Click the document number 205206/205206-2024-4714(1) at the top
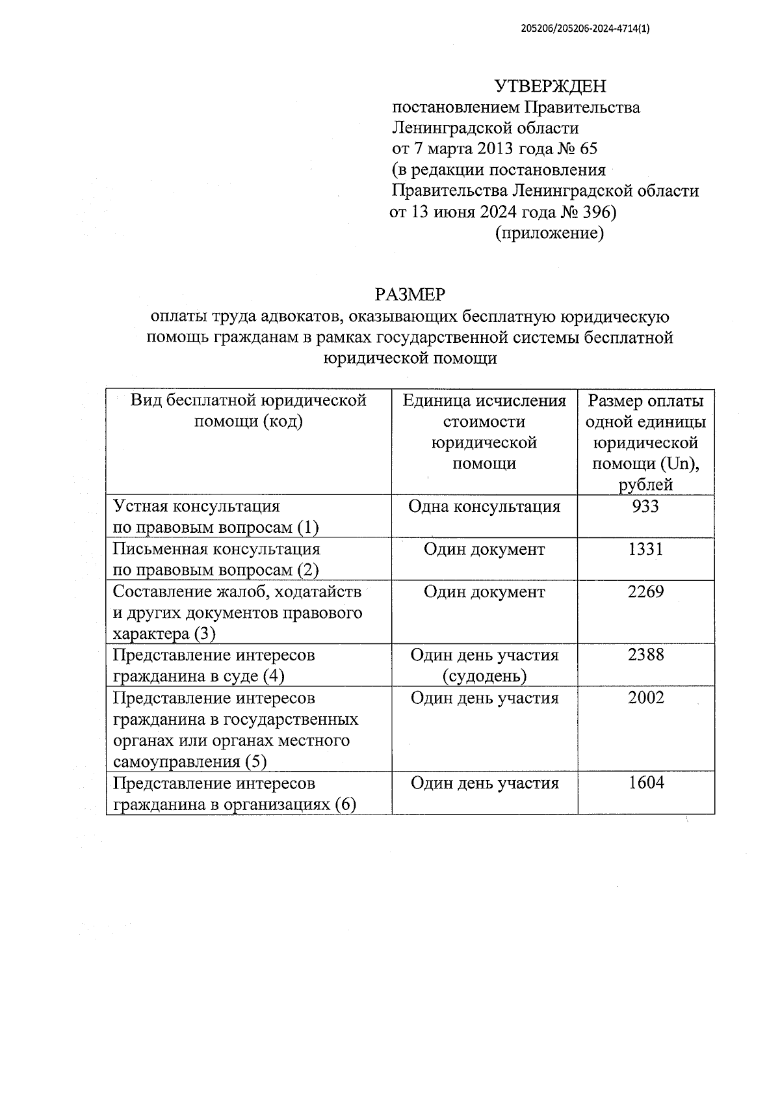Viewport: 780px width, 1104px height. [585, 29]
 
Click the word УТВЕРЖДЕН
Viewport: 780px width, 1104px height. [550, 86]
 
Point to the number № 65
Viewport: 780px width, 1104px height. [577, 149]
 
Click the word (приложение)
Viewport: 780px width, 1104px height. [550, 233]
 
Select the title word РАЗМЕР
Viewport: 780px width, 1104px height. [410, 295]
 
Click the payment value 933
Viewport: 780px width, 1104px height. [645, 506]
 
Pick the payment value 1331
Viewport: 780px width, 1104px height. [645, 549]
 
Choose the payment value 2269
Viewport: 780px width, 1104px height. [645, 592]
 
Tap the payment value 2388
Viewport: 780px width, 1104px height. [645, 654]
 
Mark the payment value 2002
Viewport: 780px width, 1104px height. [645, 698]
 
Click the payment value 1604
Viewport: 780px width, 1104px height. [645, 783]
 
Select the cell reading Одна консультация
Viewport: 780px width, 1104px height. [484, 506]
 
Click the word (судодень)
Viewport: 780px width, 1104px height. [484, 676]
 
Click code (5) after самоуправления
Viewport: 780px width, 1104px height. [255, 761]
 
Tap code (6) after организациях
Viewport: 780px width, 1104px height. [345, 805]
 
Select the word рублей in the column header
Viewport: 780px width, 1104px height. [645, 485]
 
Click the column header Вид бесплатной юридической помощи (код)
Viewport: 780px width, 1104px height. [248, 411]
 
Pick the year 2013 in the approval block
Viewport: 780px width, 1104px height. [495, 149]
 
